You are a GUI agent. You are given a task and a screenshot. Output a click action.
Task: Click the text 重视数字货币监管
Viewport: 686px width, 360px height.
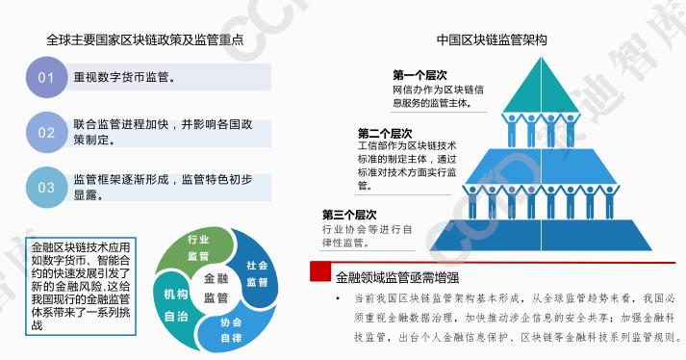coord(131,76)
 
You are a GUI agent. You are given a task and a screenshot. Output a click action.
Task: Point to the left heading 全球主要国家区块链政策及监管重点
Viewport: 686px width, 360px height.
coord(144,41)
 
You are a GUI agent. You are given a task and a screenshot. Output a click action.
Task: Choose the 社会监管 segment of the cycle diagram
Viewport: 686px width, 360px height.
coord(257,272)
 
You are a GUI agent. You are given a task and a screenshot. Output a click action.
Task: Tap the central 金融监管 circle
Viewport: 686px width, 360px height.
coord(216,287)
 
